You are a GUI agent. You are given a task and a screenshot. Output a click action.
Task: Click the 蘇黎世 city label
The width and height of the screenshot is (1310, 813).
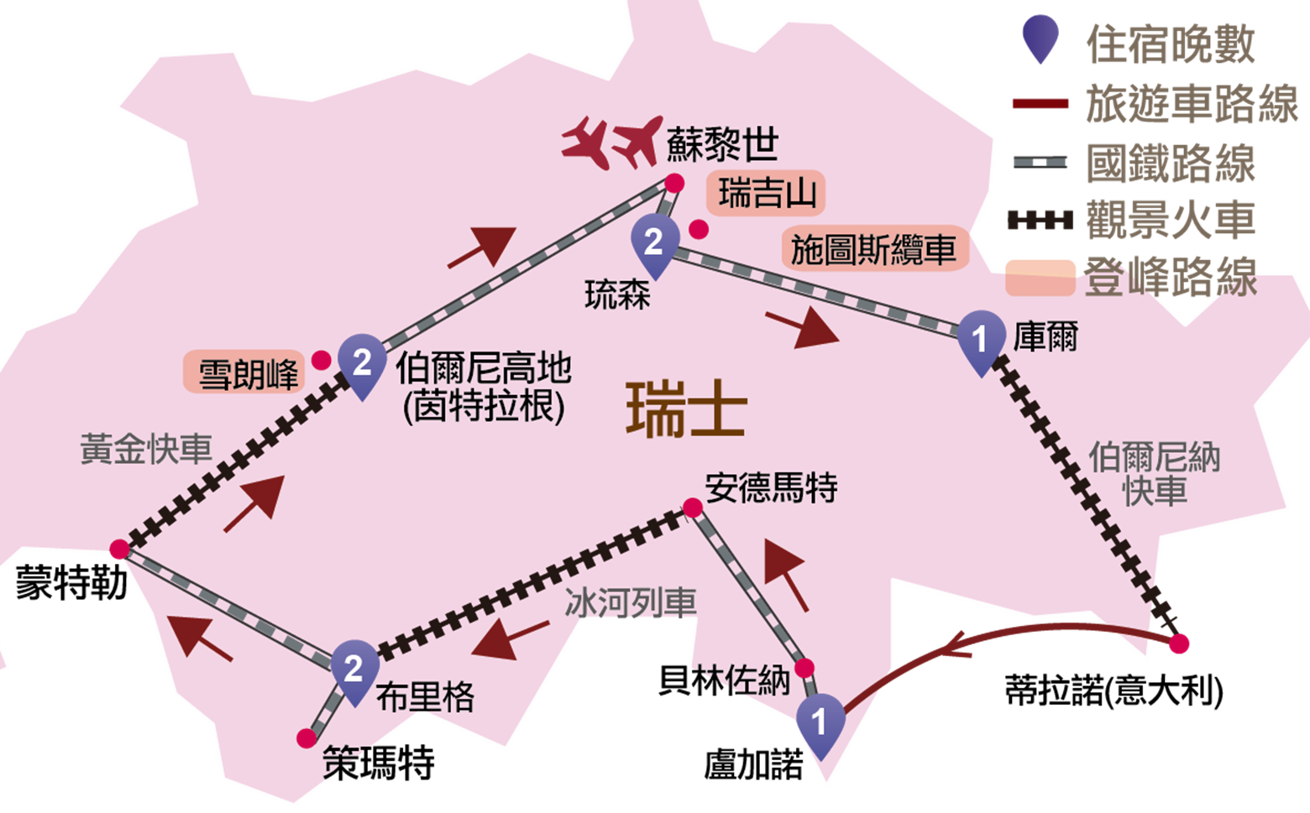pyautogui.click(x=722, y=143)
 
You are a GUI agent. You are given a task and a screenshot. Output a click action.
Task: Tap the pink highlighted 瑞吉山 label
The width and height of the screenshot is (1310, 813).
pyautogui.click(x=766, y=194)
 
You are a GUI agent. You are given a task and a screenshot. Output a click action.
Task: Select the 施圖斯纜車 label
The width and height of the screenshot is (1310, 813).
pyautogui.click(x=875, y=248)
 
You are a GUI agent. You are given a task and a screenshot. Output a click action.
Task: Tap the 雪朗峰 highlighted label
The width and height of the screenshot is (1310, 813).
pyautogui.click(x=244, y=373)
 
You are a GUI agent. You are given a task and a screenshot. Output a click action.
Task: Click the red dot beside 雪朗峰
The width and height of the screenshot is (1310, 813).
pyautogui.click(x=321, y=360)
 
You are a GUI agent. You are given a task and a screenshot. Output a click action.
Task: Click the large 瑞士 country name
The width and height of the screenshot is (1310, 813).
pyautogui.click(x=687, y=409)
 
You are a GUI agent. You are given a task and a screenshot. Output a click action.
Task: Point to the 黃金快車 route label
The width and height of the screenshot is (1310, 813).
pyautogui.click(x=146, y=449)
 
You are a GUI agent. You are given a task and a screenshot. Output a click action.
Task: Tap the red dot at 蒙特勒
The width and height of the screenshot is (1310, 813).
pyautogui.click(x=120, y=550)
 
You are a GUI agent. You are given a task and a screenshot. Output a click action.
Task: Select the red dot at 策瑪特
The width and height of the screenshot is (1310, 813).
pyautogui.click(x=307, y=738)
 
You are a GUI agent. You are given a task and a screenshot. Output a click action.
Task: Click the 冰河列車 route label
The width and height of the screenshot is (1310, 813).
pyautogui.click(x=631, y=602)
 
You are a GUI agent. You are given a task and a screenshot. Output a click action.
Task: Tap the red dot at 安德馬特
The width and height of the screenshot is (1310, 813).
pyautogui.click(x=693, y=508)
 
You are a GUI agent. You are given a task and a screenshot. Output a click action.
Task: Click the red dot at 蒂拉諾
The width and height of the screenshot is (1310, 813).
pyautogui.click(x=1179, y=644)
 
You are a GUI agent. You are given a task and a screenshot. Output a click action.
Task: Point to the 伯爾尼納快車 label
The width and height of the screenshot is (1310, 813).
pyautogui.click(x=1154, y=474)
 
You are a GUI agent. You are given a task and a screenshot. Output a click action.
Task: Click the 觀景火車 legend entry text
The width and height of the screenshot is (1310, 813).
pyautogui.click(x=1171, y=221)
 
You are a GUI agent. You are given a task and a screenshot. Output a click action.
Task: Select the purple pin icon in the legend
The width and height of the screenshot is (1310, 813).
pyautogui.click(x=1040, y=39)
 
